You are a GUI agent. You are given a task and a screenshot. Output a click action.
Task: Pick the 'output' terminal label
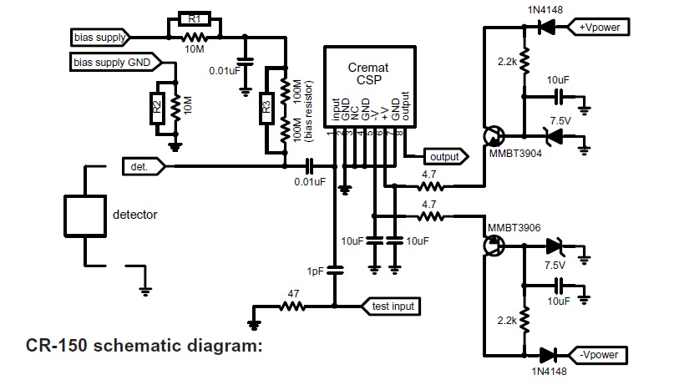click(443, 156)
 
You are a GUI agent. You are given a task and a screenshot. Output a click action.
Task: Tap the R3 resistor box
click(266, 105)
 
